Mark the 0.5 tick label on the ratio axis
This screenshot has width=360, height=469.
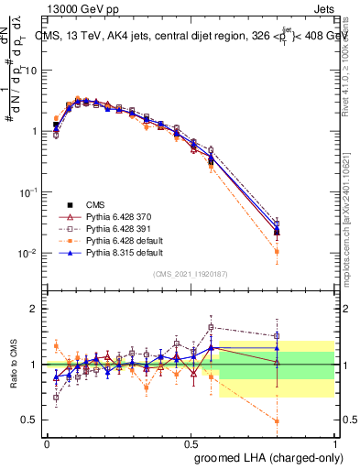pyautogui.click(x=28, y=420)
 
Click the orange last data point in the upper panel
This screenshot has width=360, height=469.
pyautogui.click(x=277, y=251)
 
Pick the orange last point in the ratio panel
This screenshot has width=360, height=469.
pyautogui.click(x=277, y=421)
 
